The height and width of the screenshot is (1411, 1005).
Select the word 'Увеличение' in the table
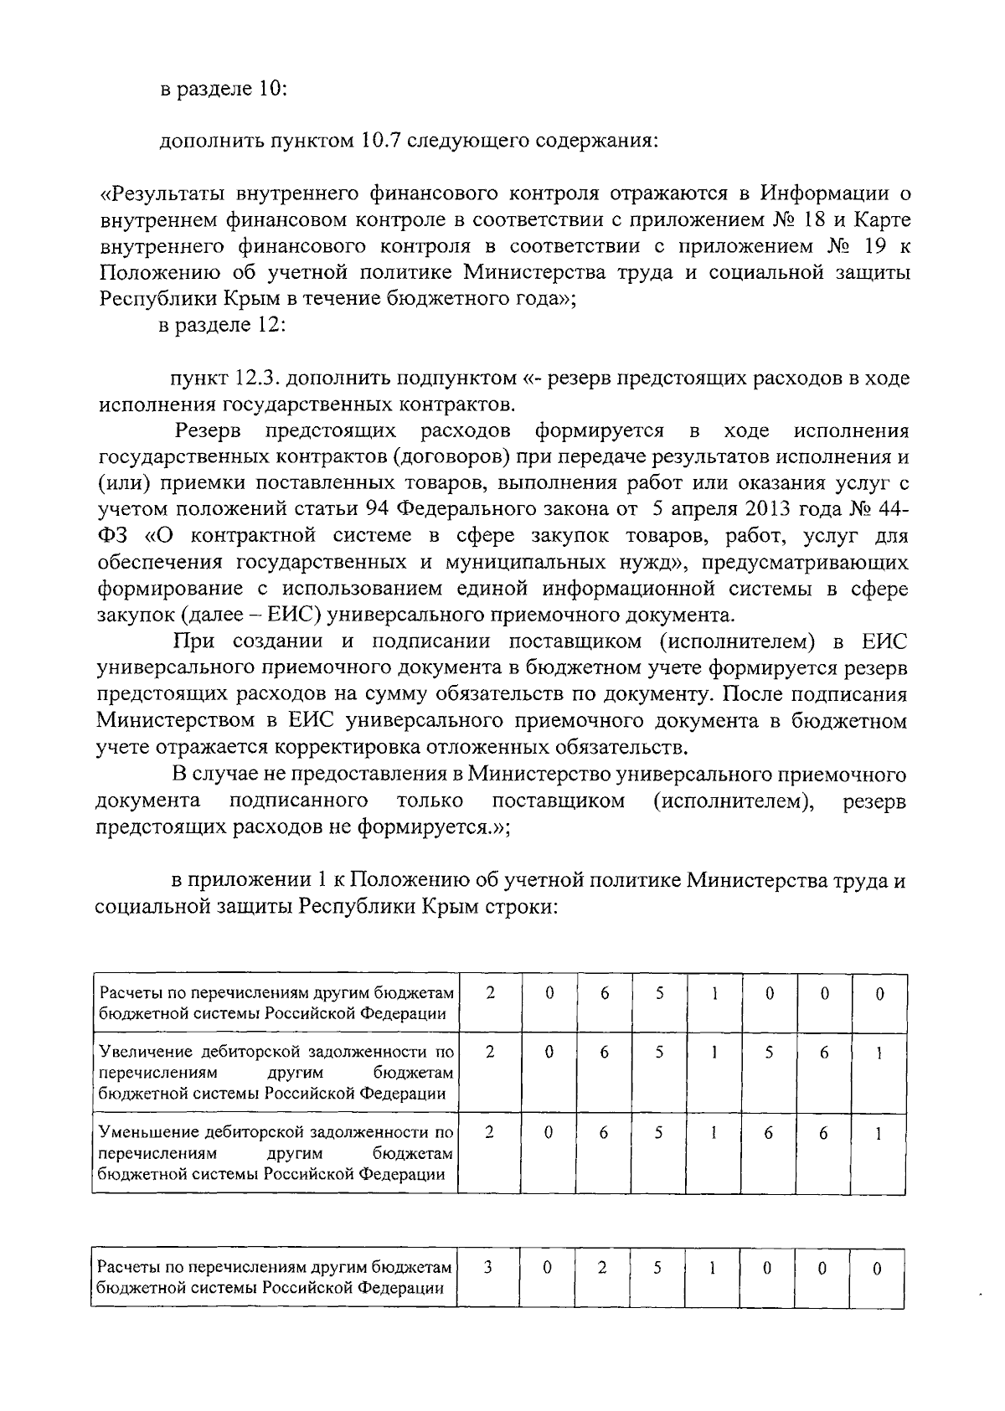(143, 1052)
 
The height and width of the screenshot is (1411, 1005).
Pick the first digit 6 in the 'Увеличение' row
(604, 1053)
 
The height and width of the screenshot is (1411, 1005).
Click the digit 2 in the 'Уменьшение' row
(490, 1132)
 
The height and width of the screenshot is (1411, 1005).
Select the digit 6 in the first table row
(604, 994)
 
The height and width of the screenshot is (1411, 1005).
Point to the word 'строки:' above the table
(522, 907)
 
